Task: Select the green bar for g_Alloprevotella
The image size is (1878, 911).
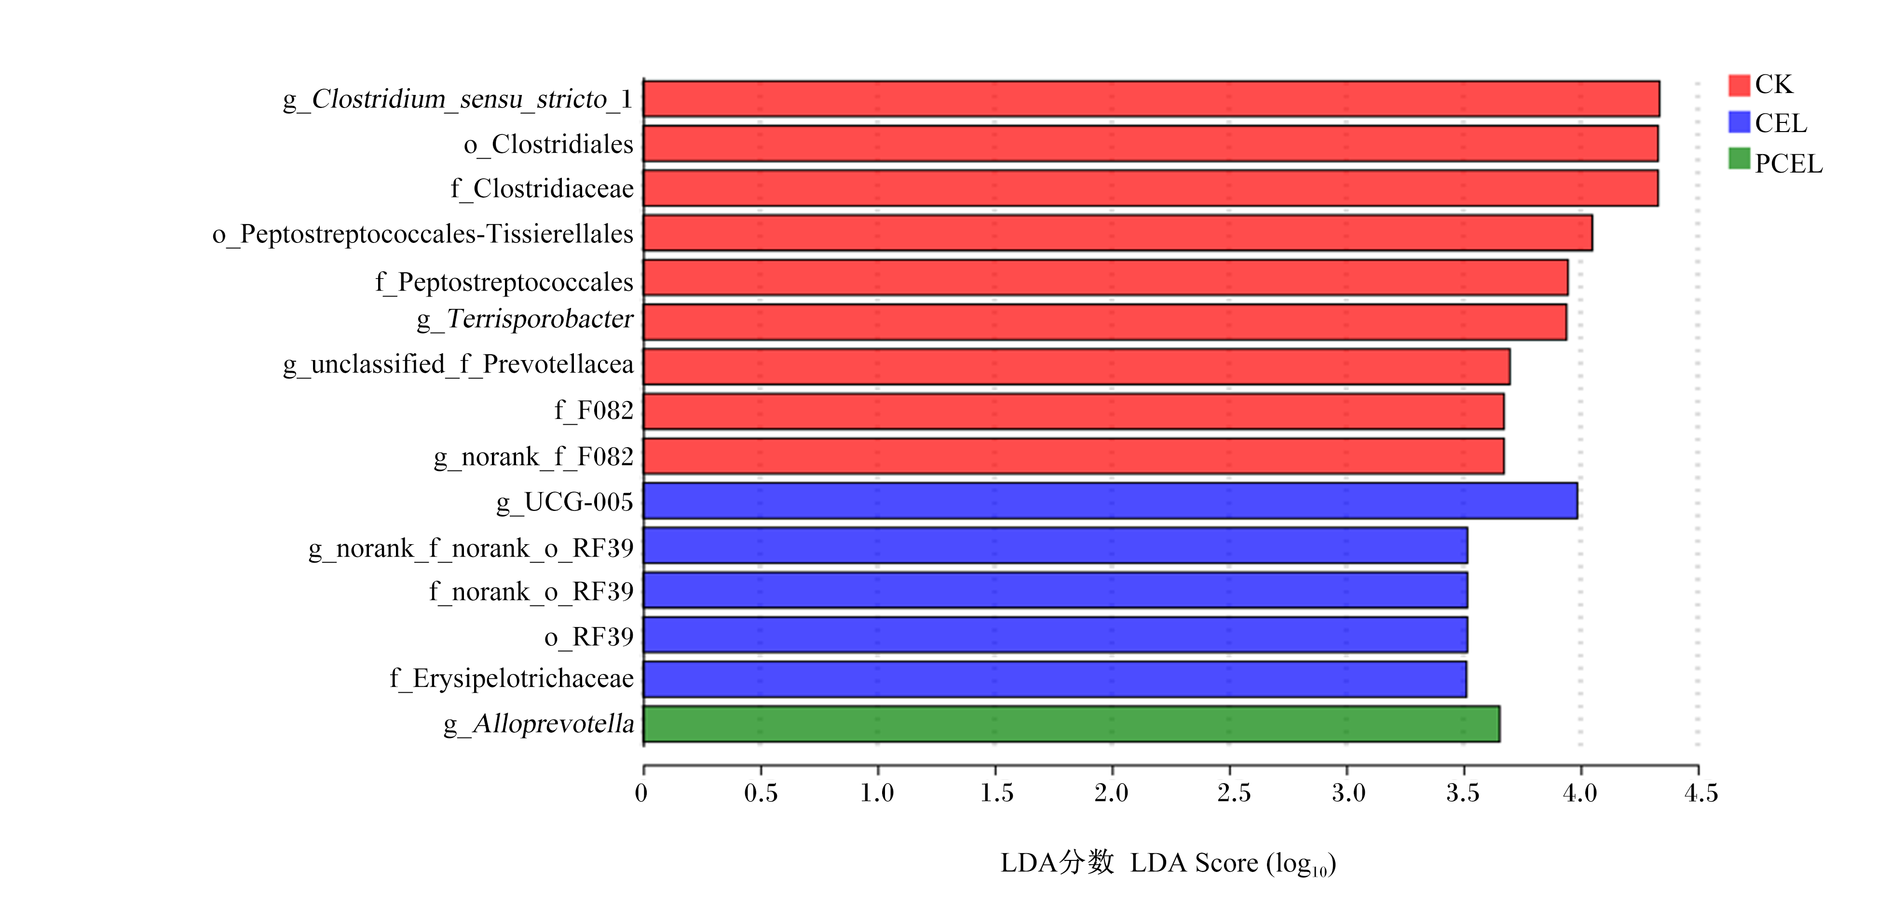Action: [1071, 723]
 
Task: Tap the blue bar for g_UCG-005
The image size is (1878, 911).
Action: [1110, 501]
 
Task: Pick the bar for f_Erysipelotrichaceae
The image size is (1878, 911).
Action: [1055, 679]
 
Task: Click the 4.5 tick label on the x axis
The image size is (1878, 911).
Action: [1701, 793]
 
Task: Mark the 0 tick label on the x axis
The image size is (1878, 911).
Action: [641, 793]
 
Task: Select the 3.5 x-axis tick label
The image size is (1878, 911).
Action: [1463, 793]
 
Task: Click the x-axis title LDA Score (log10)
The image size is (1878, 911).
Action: [1233, 864]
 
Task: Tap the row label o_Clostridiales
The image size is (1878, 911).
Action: [548, 144]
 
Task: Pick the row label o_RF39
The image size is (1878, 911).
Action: [589, 637]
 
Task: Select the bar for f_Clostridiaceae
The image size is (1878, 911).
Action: [1150, 188]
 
